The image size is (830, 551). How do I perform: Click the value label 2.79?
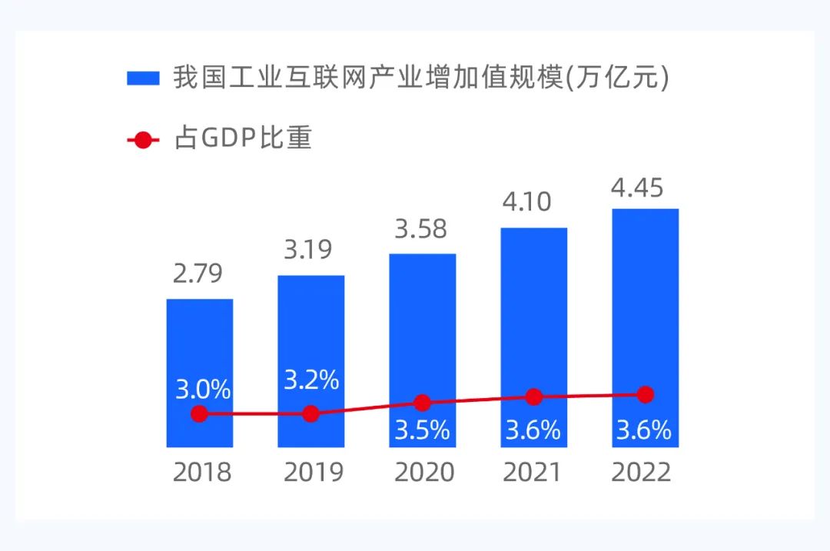[x=198, y=274]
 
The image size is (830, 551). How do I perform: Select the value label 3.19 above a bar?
[x=309, y=251]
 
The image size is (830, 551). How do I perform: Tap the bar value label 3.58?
[x=421, y=229]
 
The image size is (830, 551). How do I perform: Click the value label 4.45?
[x=638, y=188]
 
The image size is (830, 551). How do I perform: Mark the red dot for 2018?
[x=199, y=413]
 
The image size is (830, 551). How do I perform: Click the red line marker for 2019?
[x=310, y=413]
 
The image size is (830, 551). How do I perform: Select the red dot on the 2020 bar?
[x=422, y=403]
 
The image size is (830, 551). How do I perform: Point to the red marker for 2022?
[x=646, y=394]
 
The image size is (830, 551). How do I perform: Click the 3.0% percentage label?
[x=203, y=389]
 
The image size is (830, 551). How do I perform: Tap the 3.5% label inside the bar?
[x=422, y=430]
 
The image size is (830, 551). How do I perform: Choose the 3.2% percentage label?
[x=311, y=380]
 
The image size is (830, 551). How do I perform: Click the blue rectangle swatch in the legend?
[x=143, y=78]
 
